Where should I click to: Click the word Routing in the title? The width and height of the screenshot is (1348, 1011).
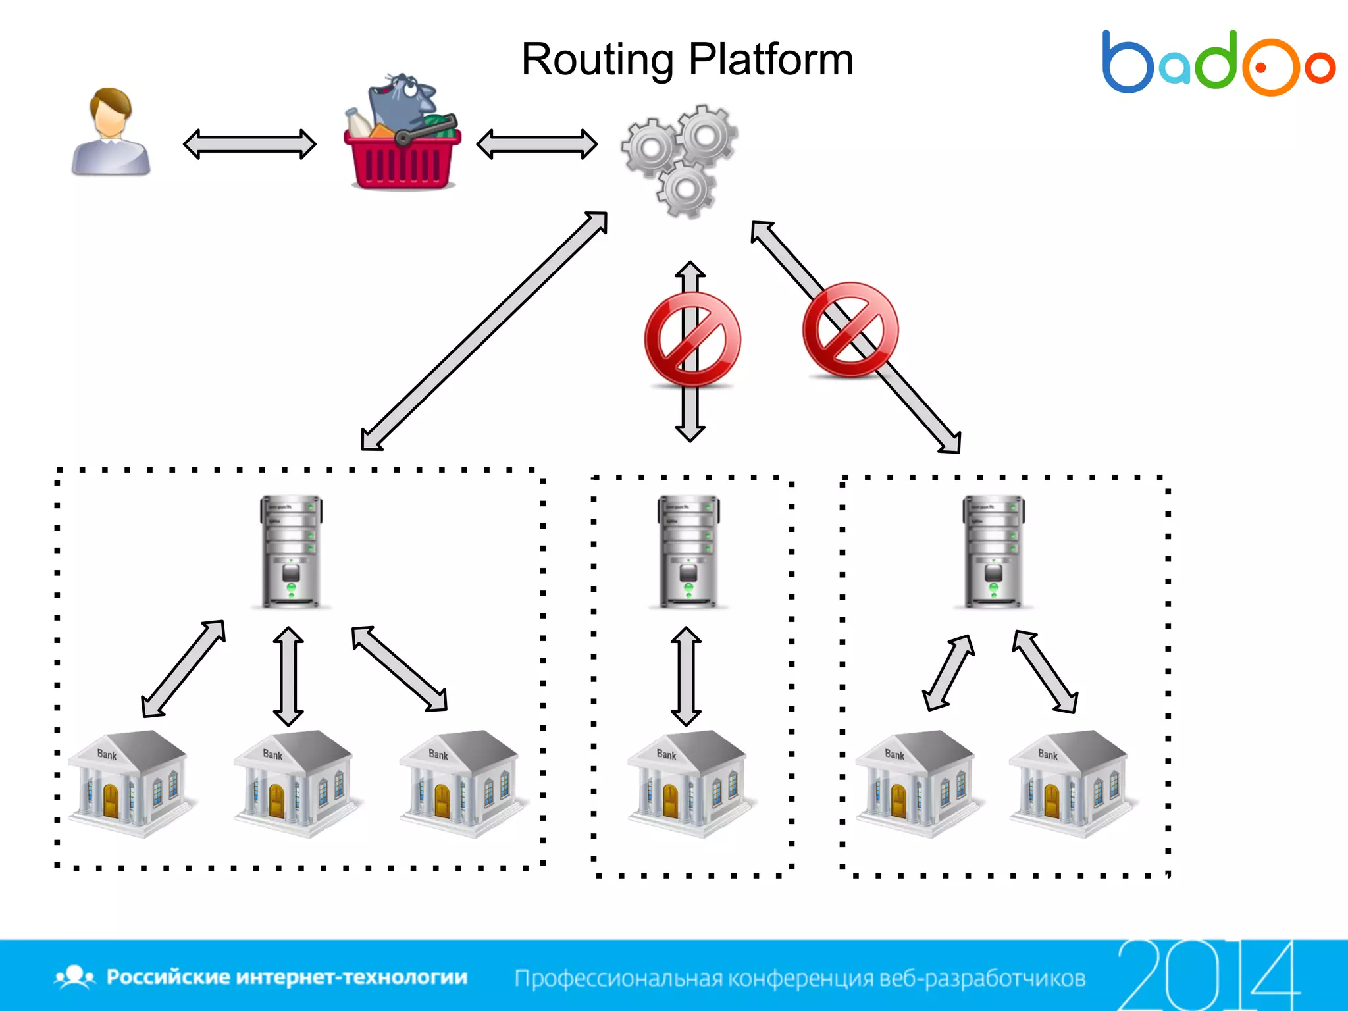596,61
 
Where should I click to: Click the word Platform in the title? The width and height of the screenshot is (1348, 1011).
771,61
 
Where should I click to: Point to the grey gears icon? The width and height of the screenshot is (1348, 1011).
681,160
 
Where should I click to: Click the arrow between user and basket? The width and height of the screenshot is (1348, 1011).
249,144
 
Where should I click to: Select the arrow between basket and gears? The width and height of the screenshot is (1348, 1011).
536,144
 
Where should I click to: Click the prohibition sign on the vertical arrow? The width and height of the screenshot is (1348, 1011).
692,338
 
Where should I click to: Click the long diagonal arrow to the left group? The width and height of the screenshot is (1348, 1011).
484,331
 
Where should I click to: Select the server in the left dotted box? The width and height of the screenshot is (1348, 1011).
291,551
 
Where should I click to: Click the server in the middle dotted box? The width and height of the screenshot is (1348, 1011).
688,551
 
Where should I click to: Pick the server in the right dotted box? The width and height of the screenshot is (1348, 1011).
993,551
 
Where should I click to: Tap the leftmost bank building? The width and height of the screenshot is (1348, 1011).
128,783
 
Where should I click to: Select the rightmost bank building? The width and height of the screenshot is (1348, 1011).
1068,783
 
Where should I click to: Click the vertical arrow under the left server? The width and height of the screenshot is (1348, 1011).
288,676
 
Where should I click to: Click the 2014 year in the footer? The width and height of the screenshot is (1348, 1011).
1207,975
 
